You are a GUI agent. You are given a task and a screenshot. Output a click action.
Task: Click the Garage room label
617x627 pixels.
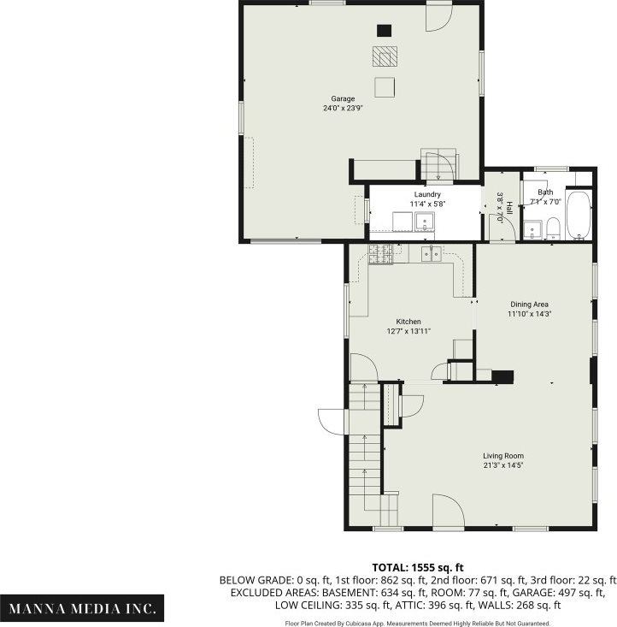[x=343, y=98]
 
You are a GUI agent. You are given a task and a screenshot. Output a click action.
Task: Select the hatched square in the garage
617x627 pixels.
[x=385, y=56]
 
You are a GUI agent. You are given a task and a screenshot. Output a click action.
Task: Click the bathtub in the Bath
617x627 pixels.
[x=579, y=214]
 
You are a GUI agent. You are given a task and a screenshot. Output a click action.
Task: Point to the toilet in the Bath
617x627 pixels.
[x=553, y=228]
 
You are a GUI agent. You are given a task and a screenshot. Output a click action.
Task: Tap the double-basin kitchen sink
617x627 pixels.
[x=432, y=252]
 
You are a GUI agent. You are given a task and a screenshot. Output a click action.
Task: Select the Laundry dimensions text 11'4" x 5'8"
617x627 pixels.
[x=403, y=204]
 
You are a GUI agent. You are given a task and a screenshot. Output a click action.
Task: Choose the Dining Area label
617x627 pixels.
[x=529, y=304]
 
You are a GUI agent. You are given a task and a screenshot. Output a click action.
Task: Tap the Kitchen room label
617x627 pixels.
[x=408, y=322]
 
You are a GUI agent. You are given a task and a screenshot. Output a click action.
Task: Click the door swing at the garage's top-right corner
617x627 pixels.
[x=439, y=15]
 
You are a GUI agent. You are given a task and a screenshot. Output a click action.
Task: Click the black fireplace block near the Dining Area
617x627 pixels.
[x=502, y=376]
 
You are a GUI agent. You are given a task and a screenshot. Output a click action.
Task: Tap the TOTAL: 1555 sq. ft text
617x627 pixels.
[x=418, y=566]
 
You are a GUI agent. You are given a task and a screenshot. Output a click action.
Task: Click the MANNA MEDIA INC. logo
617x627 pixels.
[x=83, y=608]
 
